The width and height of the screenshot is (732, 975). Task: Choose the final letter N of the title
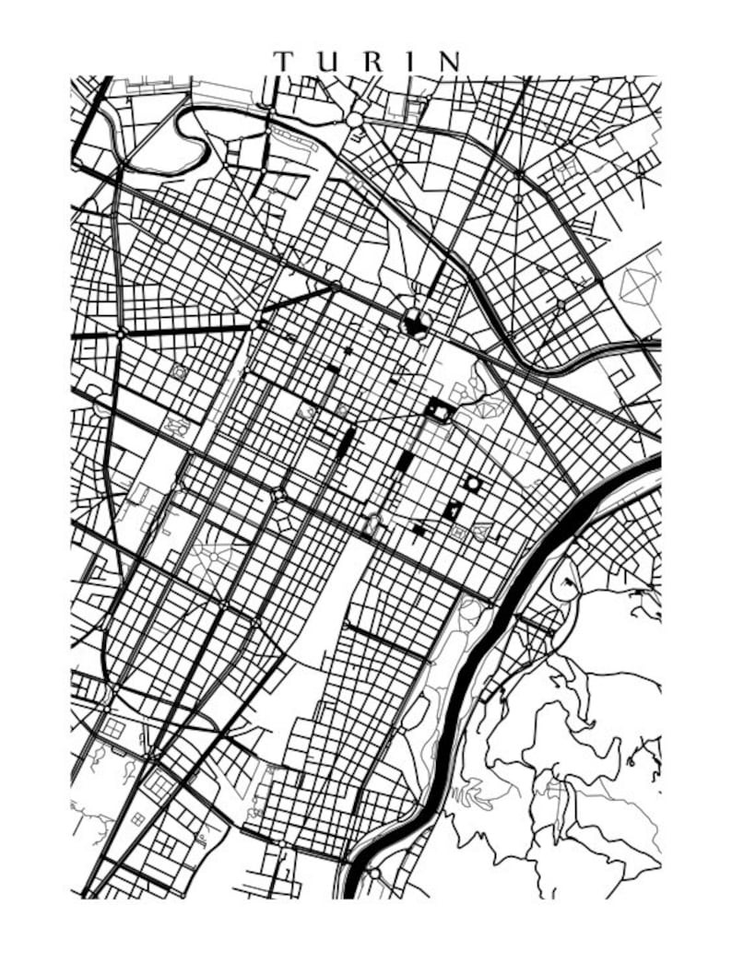click(x=449, y=62)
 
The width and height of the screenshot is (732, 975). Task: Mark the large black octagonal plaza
click(x=415, y=323)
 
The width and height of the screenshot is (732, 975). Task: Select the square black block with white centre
click(x=437, y=410)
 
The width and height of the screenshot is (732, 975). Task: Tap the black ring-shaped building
click(x=472, y=483)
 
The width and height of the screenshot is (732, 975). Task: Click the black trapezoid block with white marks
click(x=453, y=510)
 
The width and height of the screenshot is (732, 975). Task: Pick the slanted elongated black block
click(x=347, y=441)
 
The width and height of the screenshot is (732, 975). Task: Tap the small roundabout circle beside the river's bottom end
click(x=373, y=873)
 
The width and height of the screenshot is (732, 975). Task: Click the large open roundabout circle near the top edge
click(x=355, y=119)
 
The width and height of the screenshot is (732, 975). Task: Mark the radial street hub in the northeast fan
click(x=519, y=174)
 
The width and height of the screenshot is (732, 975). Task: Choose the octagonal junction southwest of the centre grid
click(x=278, y=496)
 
